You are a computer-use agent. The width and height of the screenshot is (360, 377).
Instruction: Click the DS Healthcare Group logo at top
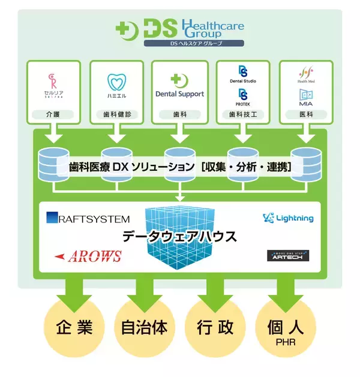tap(180, 30)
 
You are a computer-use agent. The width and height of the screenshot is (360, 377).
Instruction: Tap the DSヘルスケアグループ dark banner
tap(194, 44)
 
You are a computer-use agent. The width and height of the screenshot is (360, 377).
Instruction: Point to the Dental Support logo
tap(179, 88)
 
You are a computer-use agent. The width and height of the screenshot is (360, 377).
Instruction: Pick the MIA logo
tap(305, 97)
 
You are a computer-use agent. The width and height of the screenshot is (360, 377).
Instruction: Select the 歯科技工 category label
tap(243, 113)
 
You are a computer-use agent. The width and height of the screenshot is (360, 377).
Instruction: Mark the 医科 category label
tap(305, 113)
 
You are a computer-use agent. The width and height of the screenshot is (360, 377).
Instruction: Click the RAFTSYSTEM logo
tap(88, 219)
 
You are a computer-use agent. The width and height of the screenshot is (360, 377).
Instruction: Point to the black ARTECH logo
tap(287, 256)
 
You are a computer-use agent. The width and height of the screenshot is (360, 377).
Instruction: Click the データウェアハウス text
tap(180, 237)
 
